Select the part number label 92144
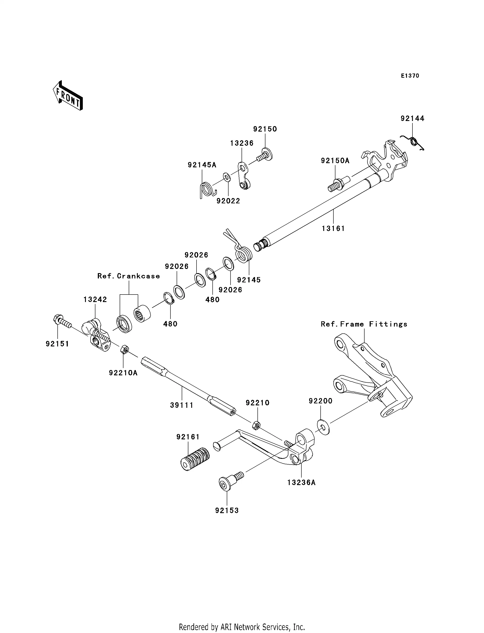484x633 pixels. pos(412,118)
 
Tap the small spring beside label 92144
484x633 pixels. pos(414,142)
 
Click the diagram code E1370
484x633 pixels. pos(410,76)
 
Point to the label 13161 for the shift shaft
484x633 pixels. pos(333,229)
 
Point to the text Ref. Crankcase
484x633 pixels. pos(129,276)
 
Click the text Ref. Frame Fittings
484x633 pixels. pos(364,324)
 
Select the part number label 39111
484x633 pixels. pos(181,405)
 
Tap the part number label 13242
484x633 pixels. pos(95,299)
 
